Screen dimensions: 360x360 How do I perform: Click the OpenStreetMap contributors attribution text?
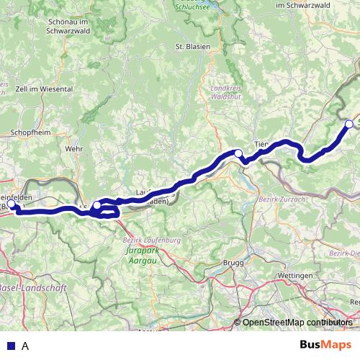tap(296, 323)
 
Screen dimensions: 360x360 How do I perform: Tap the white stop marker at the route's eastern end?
tap(350, 124)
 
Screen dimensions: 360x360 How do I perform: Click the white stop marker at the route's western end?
tap(11, 204)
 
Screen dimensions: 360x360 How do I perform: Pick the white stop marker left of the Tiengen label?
tap(238, 153)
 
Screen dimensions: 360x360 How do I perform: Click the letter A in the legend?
tap(26, 346)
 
